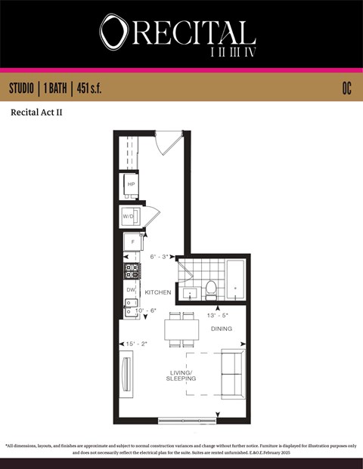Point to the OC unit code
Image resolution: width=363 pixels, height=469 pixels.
click(346, 89)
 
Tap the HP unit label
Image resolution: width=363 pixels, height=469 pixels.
click(131, 184)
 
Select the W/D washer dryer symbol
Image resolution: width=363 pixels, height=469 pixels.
click(129, 217)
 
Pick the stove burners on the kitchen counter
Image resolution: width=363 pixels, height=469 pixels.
click(131, 270)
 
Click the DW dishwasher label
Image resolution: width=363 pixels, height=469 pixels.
click(130, 290)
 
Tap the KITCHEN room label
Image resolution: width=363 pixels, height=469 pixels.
click(157, 292)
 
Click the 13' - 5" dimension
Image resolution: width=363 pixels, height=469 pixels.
click(219, 315)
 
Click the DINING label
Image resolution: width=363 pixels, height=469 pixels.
click(222, 329)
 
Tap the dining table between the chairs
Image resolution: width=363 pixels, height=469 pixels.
click(181, 329)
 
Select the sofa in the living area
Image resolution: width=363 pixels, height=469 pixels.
click(232, 374)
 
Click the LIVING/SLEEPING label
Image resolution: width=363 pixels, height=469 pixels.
click(181, 375)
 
